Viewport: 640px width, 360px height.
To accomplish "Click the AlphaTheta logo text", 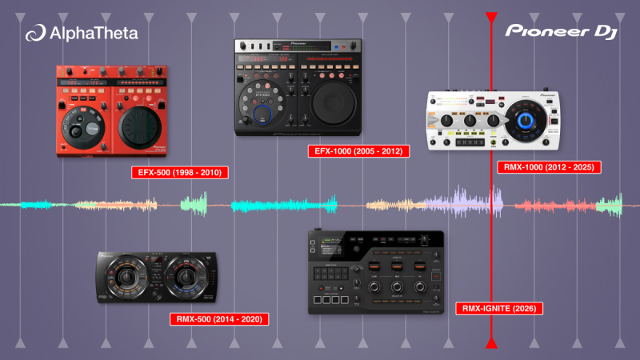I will point(93,33).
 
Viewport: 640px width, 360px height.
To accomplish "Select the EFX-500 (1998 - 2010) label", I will point(182,172).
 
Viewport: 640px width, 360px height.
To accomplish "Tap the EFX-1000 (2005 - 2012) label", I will point(358,150).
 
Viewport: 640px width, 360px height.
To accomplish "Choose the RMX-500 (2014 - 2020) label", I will point(219,318).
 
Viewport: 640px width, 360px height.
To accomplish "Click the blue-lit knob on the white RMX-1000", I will point(525,120).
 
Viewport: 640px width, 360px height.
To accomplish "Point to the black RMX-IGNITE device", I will point(375,273).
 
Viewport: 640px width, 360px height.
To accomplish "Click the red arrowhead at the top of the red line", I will point(491,17).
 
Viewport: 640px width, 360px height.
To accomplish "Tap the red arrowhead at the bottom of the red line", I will point(491,342).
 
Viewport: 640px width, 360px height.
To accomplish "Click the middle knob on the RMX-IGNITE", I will point(396,286).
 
